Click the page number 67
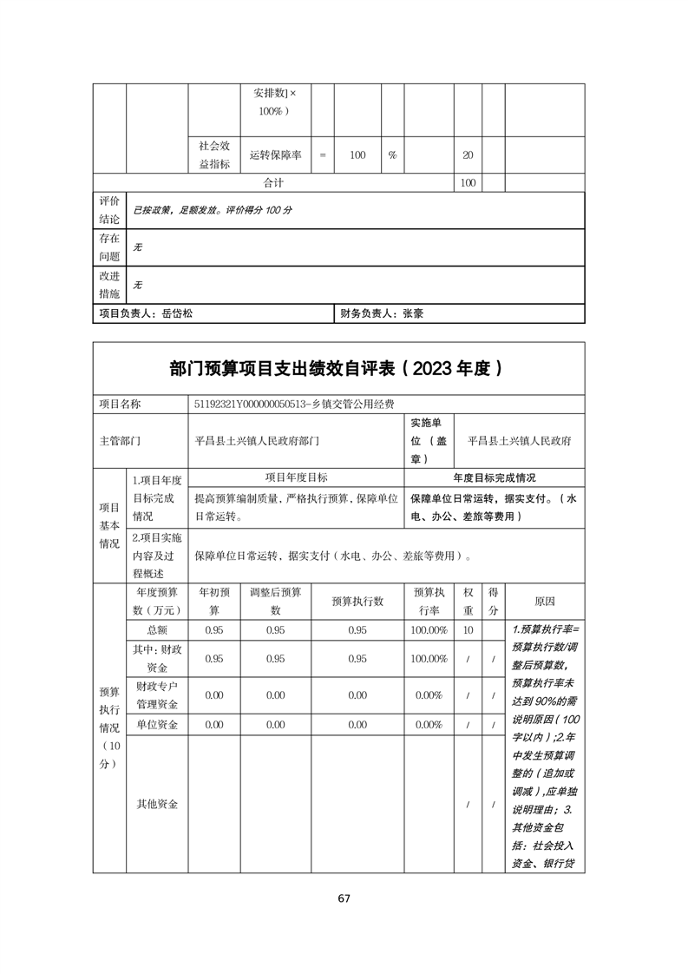point(344,898)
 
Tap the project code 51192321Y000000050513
point(254,404)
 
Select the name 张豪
point(412,314)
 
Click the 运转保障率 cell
point(275,155)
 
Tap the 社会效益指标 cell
point(214,155)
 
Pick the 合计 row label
point(274,183)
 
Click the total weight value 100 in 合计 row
point(468,183)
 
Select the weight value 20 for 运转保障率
point(468,155)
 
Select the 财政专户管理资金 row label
point(157,694)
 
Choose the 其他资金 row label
point(157,804)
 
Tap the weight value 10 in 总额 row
point(468,630)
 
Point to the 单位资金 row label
point(157,724)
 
